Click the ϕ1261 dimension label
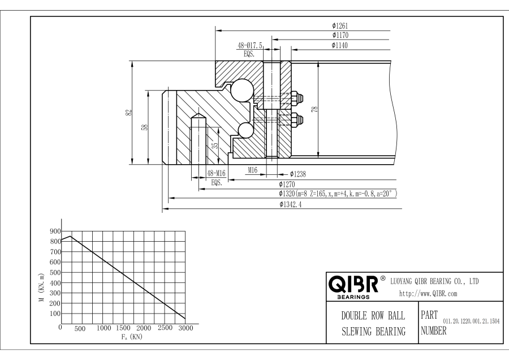tap(340, 25)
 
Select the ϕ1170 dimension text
tap(340, 35)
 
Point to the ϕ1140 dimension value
tap(340, 45)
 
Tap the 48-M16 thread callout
tap(218, 174)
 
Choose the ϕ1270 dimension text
tap(288, 184)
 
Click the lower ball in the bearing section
tap(245, 130)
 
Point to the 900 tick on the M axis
tap(54, 231)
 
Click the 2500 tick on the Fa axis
tap(165, 328)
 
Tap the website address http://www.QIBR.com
tap(429, 294)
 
